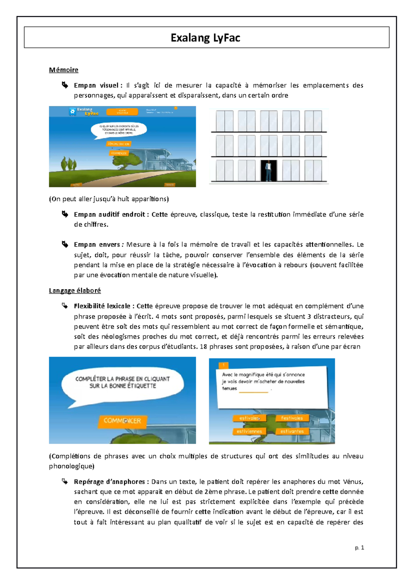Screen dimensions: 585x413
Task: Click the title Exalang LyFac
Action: click(205, 38)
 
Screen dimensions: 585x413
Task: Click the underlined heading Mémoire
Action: click(63, 70)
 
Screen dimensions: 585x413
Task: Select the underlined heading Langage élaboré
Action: click(75, 290)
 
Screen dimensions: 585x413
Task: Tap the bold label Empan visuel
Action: click(96, 85)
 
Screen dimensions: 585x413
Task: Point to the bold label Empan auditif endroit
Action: click(110, 214)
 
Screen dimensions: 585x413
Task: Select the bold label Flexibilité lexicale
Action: click(102, 306)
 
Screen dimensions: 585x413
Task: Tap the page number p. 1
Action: click(359, 547)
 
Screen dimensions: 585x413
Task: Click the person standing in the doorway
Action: click(268, 171)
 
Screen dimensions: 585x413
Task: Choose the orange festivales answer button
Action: click(292, 418)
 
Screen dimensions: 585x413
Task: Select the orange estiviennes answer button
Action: click(249, 431)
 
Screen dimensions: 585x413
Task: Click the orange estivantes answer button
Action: click(292, 431)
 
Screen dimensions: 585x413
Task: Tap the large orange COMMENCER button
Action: click(122, 421)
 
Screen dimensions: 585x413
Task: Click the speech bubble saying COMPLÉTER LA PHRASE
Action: click(123, 382)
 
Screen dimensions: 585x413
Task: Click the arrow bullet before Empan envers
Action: click(65, 244)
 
